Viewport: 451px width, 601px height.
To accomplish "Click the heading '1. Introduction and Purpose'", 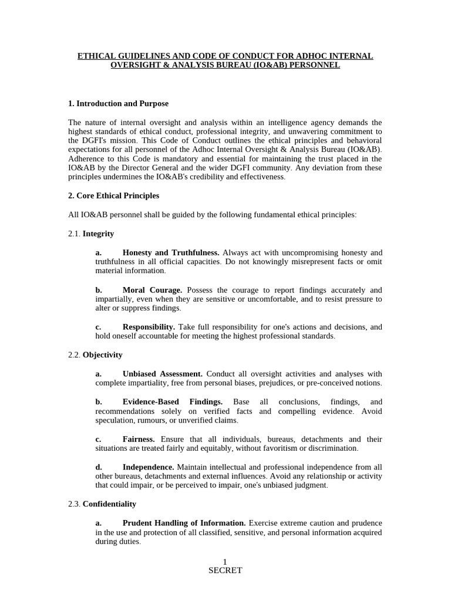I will click(118, 103).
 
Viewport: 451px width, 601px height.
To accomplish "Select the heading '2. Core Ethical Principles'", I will click(114, 195).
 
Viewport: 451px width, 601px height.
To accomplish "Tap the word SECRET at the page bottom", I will click(225, 570).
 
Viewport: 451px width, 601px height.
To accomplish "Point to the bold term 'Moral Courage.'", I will click(152, 290).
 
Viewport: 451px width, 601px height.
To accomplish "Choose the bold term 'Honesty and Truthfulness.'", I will click(171, 252).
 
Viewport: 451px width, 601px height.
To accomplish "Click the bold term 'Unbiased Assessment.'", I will click(162, 373).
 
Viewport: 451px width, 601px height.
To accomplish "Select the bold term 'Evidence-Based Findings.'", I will click(172, 401).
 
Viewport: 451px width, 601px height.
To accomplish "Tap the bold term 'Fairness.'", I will click(139, 439).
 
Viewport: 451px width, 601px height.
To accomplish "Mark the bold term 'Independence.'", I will click(147, 467).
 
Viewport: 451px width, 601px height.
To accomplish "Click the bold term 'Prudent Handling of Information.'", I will click(184, 522).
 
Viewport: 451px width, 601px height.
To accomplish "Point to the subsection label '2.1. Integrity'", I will click(91, 234).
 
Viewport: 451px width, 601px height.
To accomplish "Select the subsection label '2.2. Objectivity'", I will click(95, 354).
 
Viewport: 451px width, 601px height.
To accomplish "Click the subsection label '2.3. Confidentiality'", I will click(102, 504).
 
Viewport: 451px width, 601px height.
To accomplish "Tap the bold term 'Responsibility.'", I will click(149, 327).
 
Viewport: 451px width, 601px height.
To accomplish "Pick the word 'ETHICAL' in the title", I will click(98, 56).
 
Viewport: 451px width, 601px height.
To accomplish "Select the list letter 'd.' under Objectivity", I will click(99, 467).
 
